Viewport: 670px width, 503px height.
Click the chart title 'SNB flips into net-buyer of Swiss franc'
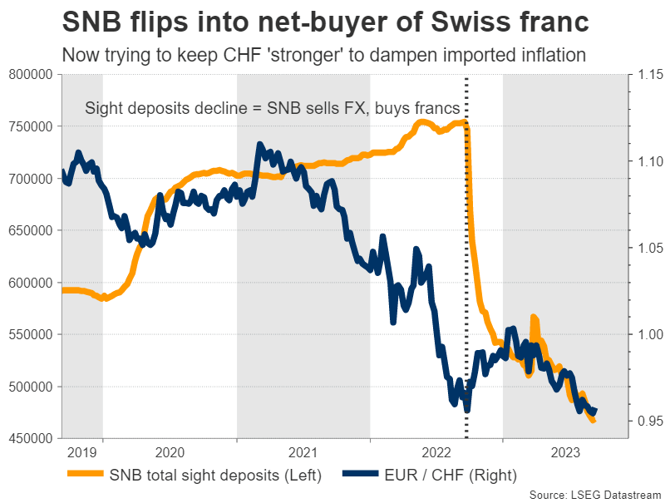coord(334,21)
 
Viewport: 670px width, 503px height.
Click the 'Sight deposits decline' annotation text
coord(270,109)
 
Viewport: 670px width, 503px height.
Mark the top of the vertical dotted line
coord(466,77)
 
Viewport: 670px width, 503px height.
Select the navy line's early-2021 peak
coord(260,145)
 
